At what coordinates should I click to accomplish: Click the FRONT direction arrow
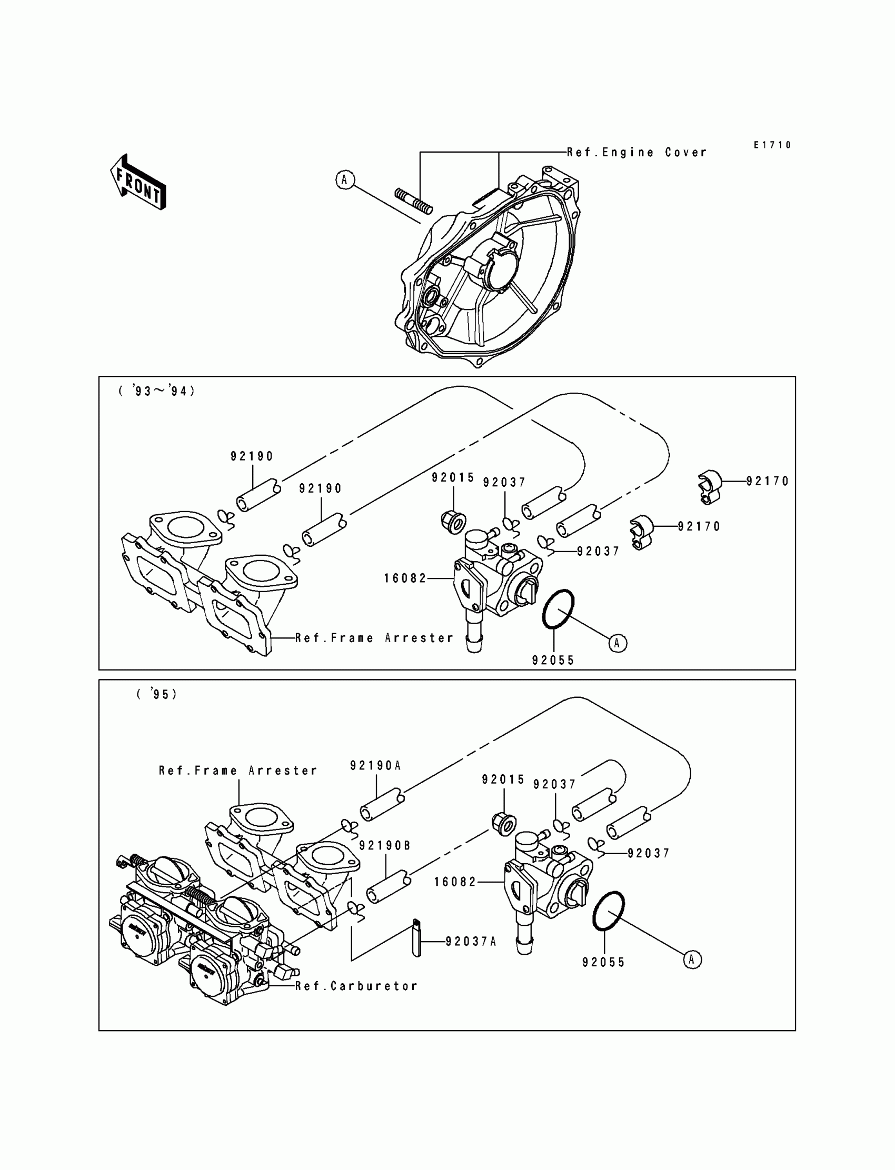coord(138,182)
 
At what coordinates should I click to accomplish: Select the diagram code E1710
coord(772,145)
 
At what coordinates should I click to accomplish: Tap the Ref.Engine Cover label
coord(637,152)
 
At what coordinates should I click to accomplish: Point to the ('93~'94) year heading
coord(157,392)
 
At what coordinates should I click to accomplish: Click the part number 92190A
coord(375,766)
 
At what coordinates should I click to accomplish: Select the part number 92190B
coord(385,846)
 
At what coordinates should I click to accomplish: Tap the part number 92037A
coord(471,942)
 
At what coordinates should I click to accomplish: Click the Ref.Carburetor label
coord(356,986)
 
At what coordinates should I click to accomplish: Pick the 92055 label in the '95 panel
coord(603,962)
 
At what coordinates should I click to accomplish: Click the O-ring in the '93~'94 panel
coord(558,609)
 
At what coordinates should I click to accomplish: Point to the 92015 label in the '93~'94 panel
coord(453,478)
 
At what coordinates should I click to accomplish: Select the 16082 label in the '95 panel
coord(455,882)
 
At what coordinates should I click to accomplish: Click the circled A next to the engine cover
coord(345,179)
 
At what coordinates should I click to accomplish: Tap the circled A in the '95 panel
coord(692,959)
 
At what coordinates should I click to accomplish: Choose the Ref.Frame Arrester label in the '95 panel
coord(237,771)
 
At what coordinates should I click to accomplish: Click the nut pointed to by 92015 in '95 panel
coord(503,824)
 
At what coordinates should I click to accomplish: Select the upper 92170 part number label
coord(767,482)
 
